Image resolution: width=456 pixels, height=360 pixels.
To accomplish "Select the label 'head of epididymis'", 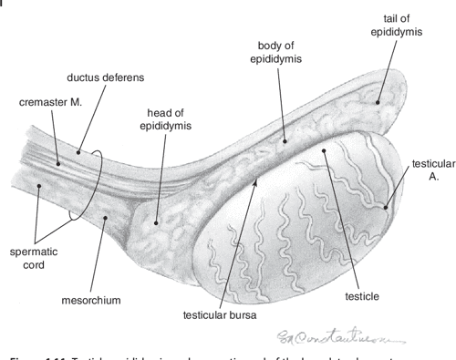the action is [x=163, y=118].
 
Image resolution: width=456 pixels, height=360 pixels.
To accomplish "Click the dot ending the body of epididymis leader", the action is [x=285, y=140].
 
